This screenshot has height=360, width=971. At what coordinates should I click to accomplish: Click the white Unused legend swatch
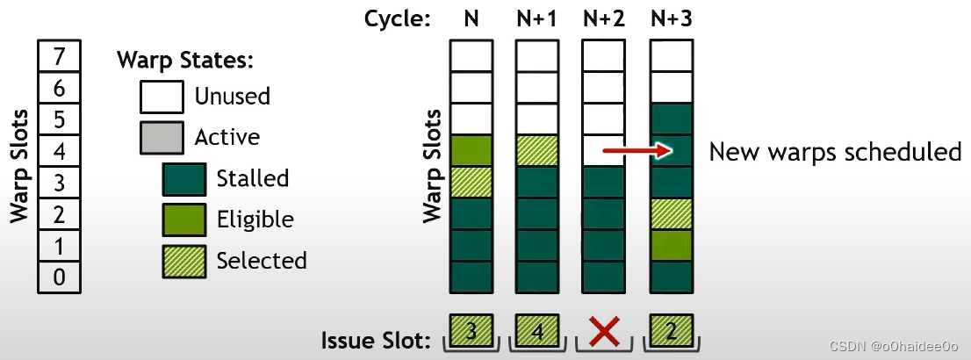(162, 96)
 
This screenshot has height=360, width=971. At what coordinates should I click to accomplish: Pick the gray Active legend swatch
(162, 138)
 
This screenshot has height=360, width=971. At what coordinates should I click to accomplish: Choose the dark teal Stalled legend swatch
(184, 179)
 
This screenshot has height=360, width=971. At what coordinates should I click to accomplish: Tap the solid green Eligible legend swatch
(184, 220)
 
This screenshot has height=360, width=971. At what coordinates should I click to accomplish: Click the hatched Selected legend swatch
(184, 261)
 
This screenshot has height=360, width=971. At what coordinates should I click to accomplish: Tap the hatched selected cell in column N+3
(670, 213)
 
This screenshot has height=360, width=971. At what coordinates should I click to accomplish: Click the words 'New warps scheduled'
(834, 152)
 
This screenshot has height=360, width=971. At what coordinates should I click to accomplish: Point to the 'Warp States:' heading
(185, 61)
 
